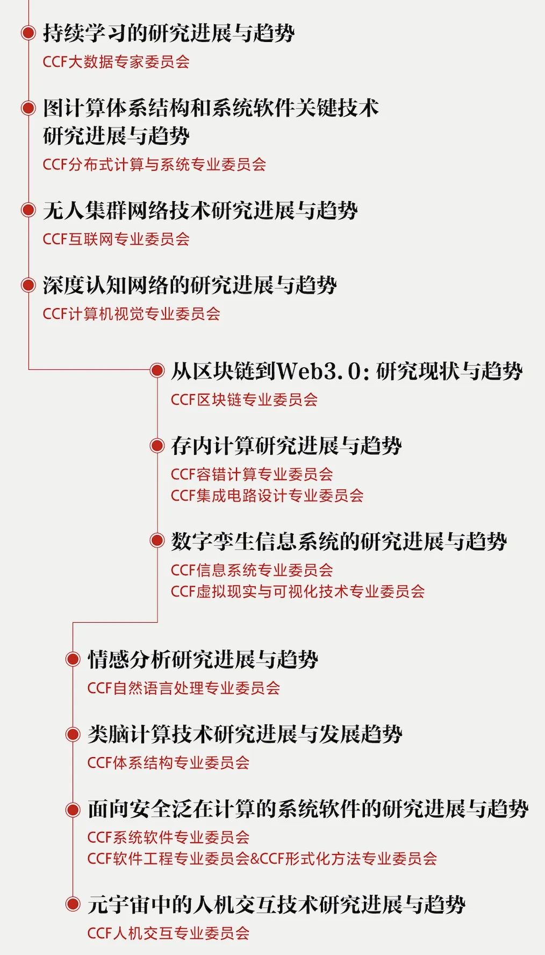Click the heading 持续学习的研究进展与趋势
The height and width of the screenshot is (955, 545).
[169, 33]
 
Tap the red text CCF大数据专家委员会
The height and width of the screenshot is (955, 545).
[116, 61]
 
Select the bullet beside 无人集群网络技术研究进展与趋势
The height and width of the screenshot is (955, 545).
[28, 210]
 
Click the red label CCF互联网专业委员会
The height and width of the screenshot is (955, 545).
[116, 239]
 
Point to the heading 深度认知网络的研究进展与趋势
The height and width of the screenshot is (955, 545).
[190, 285]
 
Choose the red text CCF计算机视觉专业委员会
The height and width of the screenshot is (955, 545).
[132, 313]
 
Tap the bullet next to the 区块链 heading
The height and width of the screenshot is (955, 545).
[157, 370]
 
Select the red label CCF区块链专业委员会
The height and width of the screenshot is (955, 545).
[245, 400]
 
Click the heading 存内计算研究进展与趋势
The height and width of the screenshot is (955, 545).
[286, 446]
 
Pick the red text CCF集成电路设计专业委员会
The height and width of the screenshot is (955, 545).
[267, 495]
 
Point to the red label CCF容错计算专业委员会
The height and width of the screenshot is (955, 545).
[252, 474]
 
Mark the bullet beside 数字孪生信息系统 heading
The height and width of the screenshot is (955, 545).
[157, 540]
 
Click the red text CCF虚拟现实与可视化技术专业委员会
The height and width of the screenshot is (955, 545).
[298, 591]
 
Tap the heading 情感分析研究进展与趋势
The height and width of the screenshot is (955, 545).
[203, 659]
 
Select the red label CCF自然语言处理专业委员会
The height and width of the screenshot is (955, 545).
[184, 688]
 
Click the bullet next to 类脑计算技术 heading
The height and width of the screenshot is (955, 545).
[73, 734]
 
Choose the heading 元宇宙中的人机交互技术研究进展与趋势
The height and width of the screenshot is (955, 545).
[276, 904]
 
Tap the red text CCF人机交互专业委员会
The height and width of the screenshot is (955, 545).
[169, 933]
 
